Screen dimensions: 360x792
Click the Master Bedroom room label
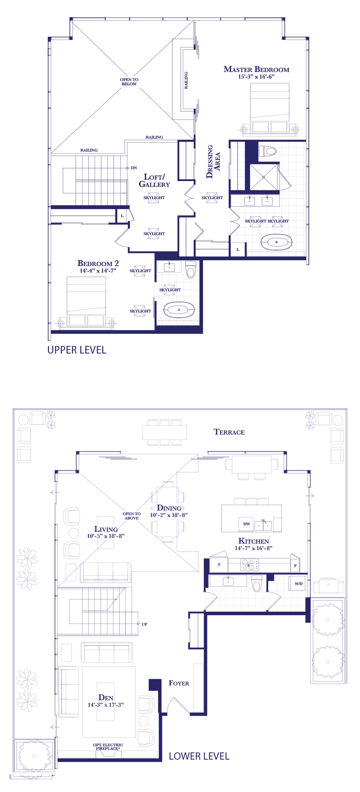click(256, 69)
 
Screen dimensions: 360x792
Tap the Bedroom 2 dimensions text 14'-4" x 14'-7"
click(98, 271)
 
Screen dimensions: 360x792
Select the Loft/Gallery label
click(154, 180)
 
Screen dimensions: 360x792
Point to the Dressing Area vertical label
click(213, 162)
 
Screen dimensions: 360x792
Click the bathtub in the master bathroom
click(276, 242)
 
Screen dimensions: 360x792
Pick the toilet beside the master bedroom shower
click(267, 151)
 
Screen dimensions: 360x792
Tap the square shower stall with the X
click(264, 177)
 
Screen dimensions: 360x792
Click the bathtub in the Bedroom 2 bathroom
click(179, 310)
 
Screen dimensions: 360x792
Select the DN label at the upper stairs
click(134, 168)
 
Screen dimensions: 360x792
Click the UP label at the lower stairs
click(144, 624)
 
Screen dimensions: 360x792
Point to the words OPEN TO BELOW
click(129, 82)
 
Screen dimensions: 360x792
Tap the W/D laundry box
click(298, 584)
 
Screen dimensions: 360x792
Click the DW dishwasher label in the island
click(247, 524)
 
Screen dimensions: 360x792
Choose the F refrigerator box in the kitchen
click(219, 565)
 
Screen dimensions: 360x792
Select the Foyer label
click(179, 683)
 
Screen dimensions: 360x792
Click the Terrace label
click(229, 432)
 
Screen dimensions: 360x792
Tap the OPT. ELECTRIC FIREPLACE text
click(108, 747)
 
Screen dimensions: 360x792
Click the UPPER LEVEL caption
click(77, 350)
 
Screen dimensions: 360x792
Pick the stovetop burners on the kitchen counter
click(249, 565)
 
